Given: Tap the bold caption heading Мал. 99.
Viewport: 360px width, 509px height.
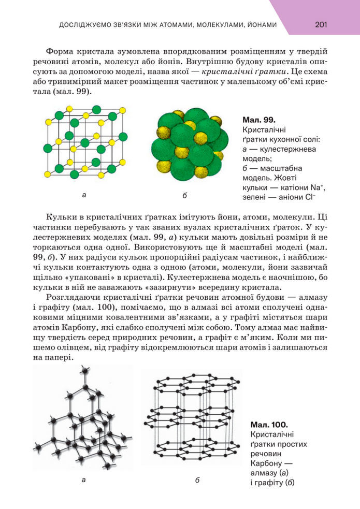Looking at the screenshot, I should (x=258, y=120).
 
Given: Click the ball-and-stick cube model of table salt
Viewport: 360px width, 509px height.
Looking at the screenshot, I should (x=85, y=142).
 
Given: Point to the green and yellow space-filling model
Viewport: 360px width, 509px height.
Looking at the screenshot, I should (x=190, y=144).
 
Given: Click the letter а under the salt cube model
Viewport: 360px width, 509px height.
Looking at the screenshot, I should (x=84, y=196).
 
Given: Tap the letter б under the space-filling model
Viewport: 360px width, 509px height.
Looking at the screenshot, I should (x=185, y=196).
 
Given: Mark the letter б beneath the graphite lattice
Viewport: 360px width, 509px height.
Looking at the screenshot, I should (x=197, y=480).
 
